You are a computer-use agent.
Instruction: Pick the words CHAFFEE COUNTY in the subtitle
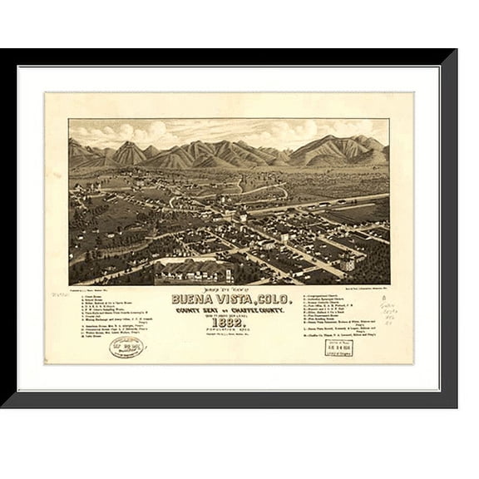coord(261,309)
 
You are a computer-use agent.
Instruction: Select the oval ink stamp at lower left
coord(126,345)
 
